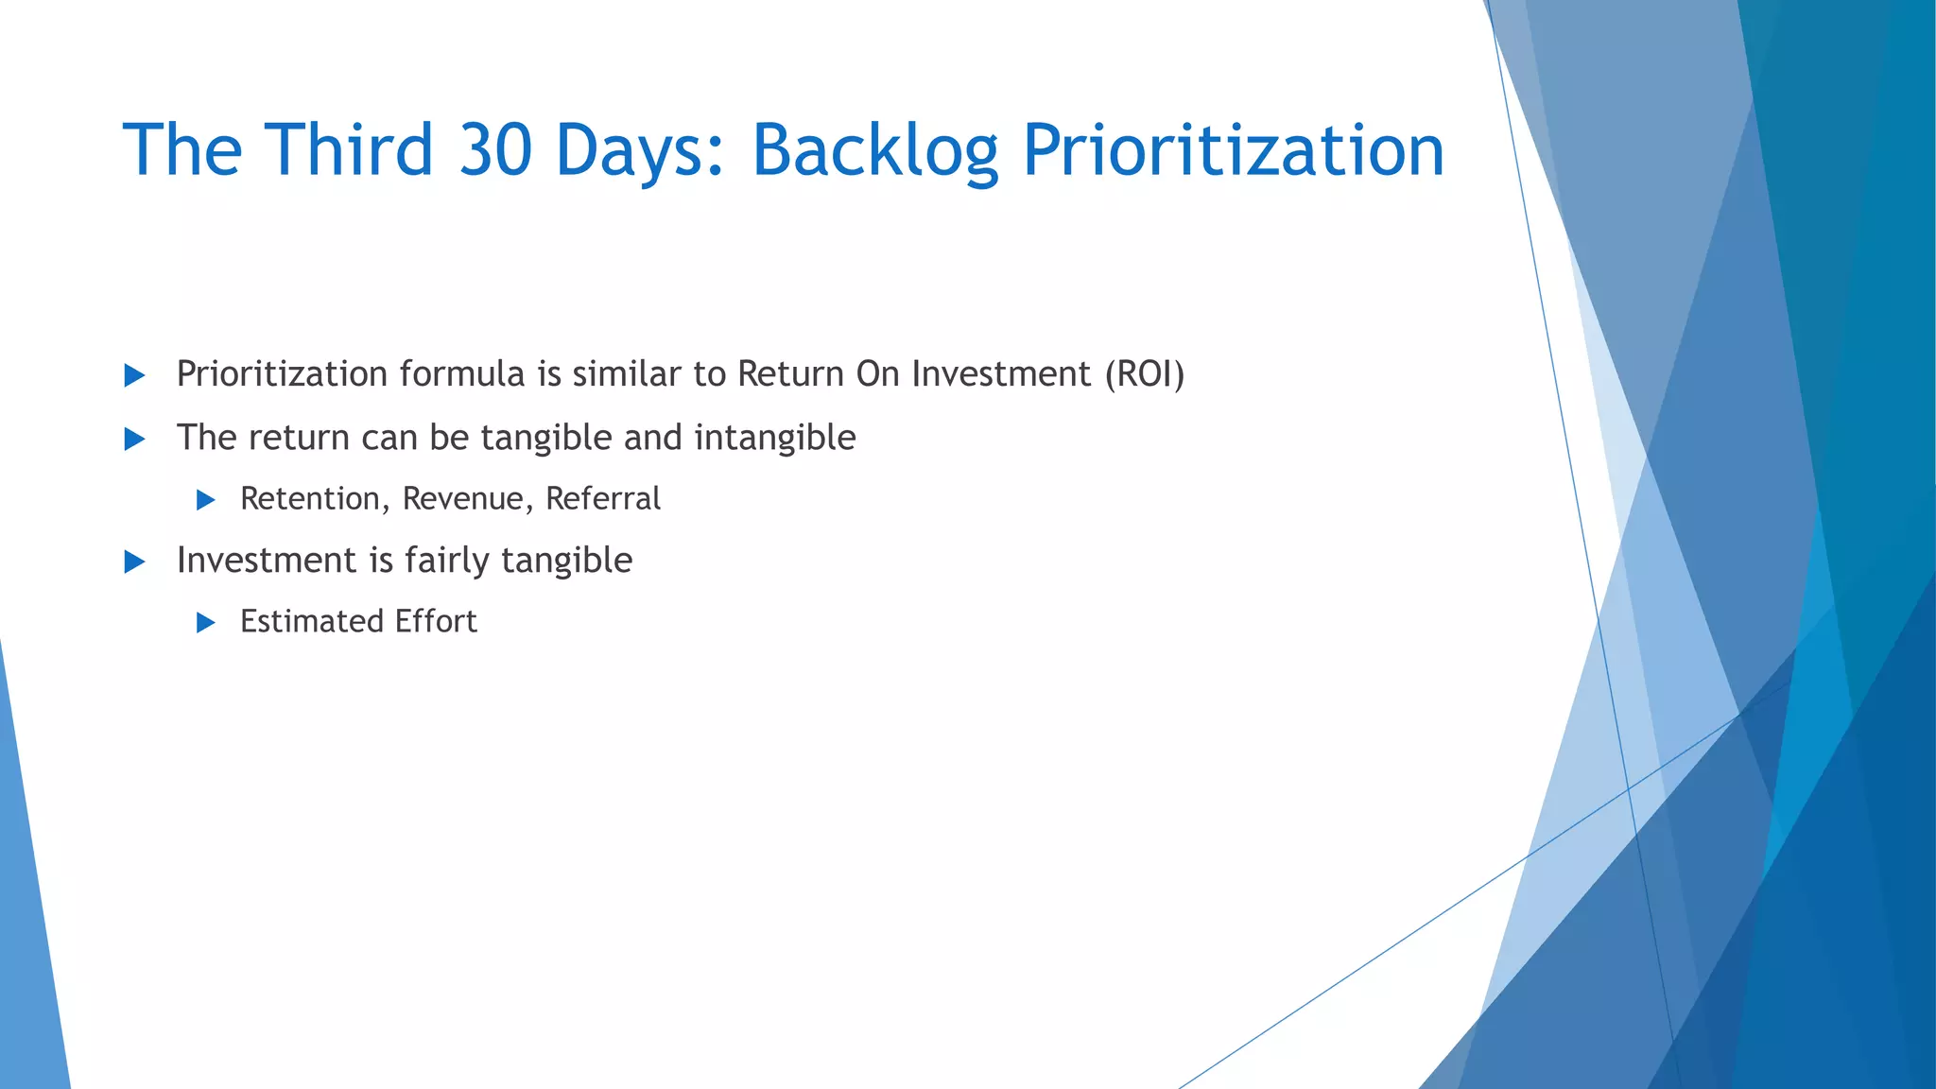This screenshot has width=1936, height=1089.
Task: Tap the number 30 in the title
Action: click(x=494, y=151)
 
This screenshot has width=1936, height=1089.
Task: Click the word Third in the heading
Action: click(x=348, y=151)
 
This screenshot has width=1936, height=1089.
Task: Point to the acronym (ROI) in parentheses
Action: click(x=1145, y=374)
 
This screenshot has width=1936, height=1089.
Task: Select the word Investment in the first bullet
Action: click(x=1001, y=374)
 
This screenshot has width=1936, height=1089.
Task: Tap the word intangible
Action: click(x=774, y=438)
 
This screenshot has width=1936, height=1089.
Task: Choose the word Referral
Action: click(x=603, y=499)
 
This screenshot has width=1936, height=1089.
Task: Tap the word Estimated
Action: click(x=311, y=622)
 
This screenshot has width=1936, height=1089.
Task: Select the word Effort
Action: click(x=436, y=622)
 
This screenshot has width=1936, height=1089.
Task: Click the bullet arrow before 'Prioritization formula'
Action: click(x=135, y=376)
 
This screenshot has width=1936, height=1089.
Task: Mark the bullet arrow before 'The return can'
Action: click(x=135, y=440)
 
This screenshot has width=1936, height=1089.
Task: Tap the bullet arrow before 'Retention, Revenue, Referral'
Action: click(x=206, y=500)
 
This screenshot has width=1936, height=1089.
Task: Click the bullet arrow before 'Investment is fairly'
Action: click(x=135, y=562)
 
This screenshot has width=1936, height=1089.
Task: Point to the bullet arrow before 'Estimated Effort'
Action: click(x=206, y=623)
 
